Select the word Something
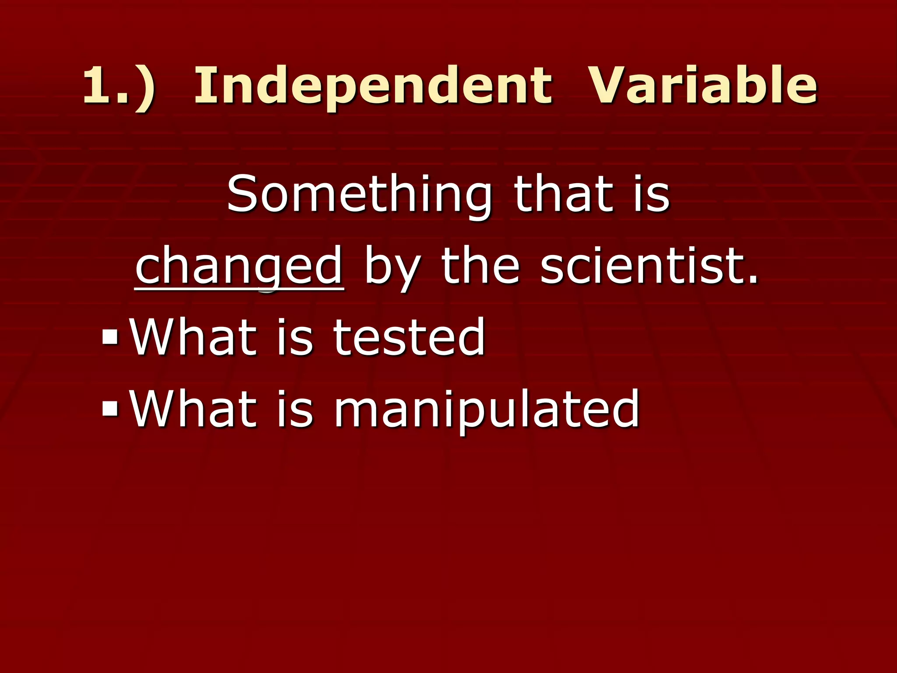point(359,194)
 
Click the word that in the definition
point(564,194)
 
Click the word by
point(392,267)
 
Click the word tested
point(409,337)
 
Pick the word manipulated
point(487,410)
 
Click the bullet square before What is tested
point(109,337)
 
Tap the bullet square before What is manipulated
point(109,409)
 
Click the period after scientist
point(753,280)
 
